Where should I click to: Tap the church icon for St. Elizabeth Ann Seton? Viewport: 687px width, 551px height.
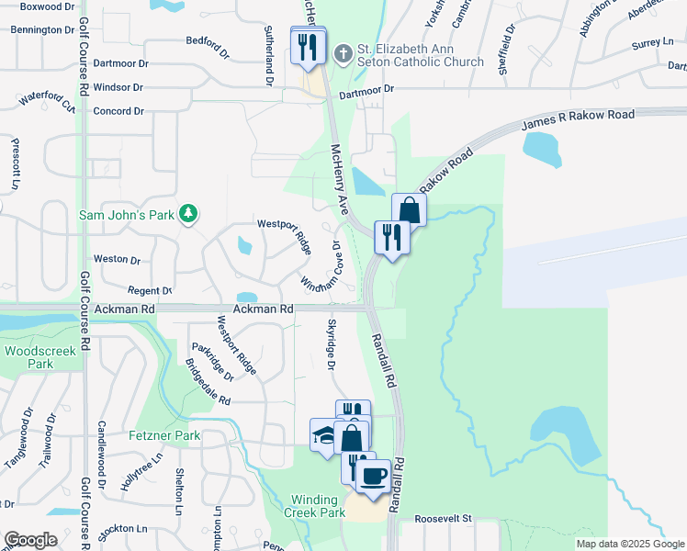click(342, 52)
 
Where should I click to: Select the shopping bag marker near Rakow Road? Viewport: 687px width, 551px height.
click(409, 210)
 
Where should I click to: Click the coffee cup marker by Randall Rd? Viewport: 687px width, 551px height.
click(373, 476)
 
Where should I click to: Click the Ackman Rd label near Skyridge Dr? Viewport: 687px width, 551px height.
click(263, 309)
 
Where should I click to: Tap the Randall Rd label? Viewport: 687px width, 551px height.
click(383, 359)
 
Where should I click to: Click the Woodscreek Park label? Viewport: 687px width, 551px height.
click(29, 357)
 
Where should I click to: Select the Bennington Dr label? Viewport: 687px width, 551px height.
click(42, 29)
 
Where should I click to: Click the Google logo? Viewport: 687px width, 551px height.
click(30, 540)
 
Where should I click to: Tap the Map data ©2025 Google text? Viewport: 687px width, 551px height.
click(629, 544)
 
